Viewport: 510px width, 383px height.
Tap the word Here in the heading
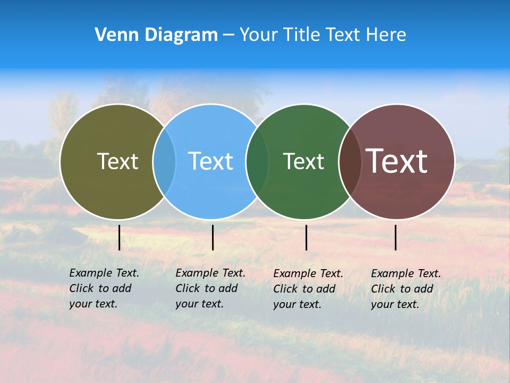[x=387, y=35]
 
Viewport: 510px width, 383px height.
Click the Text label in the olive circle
[x=117, y=161]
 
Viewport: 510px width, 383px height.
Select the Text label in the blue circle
[x=210, y=161]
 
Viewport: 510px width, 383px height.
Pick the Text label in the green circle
[x=303, y=161]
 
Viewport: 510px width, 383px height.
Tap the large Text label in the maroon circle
[x=397, y=161]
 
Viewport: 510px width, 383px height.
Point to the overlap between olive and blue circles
[x=164, y=162]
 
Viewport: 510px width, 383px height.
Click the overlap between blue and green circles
[x=257, y=162]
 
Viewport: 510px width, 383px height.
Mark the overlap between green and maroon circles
[x=348, y=162]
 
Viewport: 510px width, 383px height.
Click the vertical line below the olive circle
[x=120, y=237]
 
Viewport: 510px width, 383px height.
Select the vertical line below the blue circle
[x=212, y=237]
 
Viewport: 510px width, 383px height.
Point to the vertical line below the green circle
[x=307, y=237]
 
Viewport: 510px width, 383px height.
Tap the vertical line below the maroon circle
[x=396, y=237]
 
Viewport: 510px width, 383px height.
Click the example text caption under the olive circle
[x=104, y=288]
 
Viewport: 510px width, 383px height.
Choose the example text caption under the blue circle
[x=210, y=288]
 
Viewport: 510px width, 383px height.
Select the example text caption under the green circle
[x=308, y=289]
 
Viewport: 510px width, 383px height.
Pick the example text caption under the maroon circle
[x=405, y=289]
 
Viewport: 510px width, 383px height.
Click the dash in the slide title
[x=228, y=36]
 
